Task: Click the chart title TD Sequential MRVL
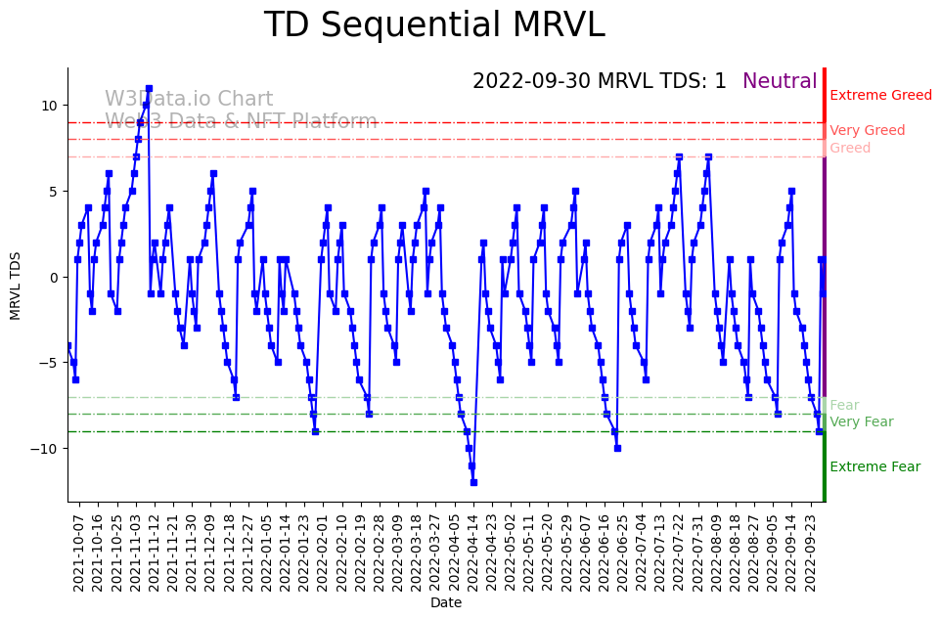point(434,25)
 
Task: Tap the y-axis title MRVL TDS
point(16,285)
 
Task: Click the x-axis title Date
point(446,603)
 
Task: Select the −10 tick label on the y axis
point(45,449)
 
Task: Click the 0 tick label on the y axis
point(54,277)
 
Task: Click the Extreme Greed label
point(880,96)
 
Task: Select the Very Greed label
point(867,131)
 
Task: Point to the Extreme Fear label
point(874,467)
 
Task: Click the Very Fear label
point(861,422)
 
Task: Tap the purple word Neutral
point(780,82)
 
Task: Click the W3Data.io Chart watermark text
point(189,100)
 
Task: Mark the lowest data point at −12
point(473,482)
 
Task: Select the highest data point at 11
point(149,88)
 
